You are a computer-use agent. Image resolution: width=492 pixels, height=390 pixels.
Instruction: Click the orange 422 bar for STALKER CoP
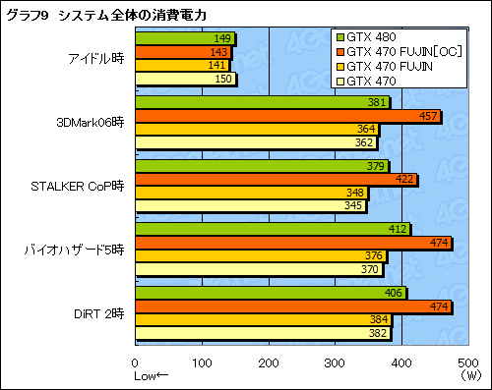[x=276, y=180]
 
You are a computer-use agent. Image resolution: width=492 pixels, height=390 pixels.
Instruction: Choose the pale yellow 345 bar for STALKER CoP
[x=250, y=205]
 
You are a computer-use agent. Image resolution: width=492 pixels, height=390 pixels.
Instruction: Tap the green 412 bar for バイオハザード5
[x=272, y=230]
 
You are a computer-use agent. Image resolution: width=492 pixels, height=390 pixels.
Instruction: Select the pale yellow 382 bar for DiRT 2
[x=262, y=332]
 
